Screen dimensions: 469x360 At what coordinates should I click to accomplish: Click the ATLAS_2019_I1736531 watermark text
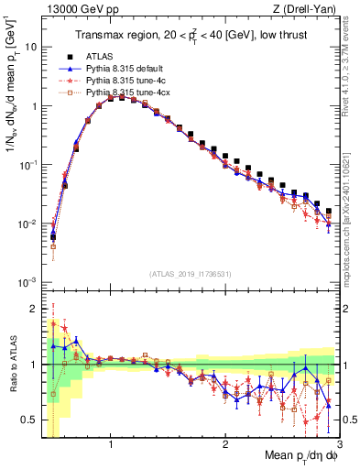191,273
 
